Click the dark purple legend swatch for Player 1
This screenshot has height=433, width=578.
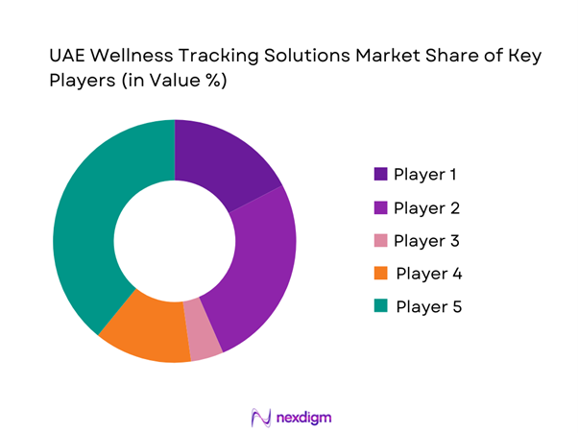381,175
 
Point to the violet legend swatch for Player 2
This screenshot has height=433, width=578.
381,207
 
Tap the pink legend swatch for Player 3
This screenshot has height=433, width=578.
381,240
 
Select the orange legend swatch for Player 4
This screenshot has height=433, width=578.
381,274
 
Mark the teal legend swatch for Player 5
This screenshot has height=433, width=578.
381,306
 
